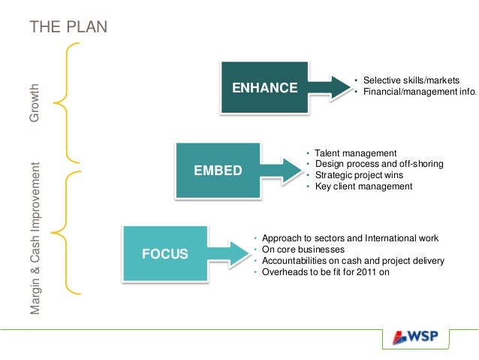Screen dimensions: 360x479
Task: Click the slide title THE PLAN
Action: pos(68,28)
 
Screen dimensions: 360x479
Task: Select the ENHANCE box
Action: pos(264,87)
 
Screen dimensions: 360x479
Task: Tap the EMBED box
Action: pos(218,170)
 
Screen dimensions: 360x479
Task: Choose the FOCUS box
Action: pos(165,253)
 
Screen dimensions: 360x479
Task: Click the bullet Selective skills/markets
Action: pos(410,80)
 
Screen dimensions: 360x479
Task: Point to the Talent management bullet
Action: pos(355,153)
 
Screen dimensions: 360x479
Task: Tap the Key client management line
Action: pos(363,186)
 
